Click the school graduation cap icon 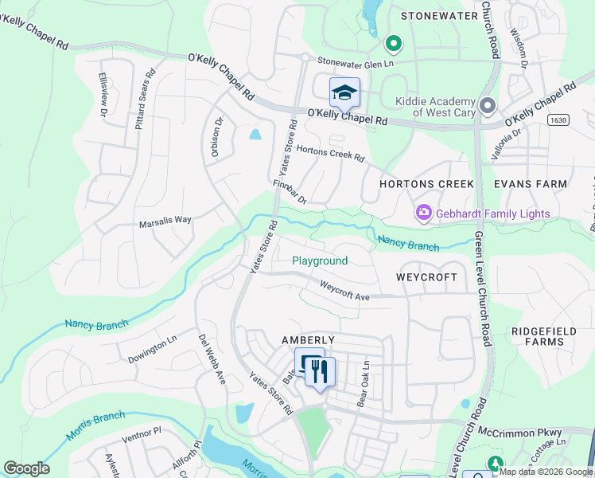click(x=344, y=93)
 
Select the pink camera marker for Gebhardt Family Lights click(x=423, y=213)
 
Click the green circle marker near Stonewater click(x=392, y=43)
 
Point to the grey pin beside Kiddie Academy click(x=488, y=106)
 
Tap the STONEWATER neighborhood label click(x=437, y=15)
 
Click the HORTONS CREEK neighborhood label click(x=426, y=183)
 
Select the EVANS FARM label click(x=531, y=183)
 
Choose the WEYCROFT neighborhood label click(x=426, y=277)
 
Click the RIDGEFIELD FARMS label click(x=538, y=335)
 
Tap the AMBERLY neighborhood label click(x=309, y=339)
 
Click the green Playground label click(x=320, y=261)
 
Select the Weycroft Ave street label click(x=345, y=291)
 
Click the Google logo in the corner click(x=26, y=468)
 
